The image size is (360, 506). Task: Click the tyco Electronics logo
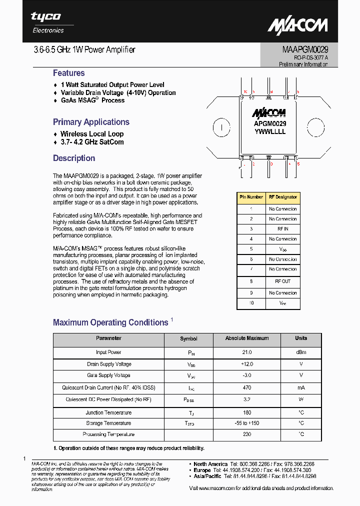tap(47, 22)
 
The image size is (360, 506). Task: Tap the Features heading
tap(68, 73)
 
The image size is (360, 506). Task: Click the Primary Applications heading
tap(91, 122)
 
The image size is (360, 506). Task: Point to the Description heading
tap(74, 158)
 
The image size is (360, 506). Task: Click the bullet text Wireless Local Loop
tap(92, 134)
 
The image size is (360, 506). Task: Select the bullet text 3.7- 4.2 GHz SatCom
tap(92, 142)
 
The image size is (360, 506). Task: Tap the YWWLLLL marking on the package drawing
tap(270, 132)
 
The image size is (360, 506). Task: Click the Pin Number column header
tap(251, 197)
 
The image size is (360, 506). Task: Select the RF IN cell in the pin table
tap(282, 228)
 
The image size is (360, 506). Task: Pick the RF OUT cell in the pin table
tap(282, 281)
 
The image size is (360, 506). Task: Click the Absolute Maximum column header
tap(246, 338)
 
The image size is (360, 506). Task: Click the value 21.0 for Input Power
tap(246, 352)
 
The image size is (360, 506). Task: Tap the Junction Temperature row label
tap(108, 412)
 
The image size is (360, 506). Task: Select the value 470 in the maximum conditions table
tap(246, 387)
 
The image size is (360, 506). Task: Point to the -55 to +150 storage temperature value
tap(246, 423)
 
